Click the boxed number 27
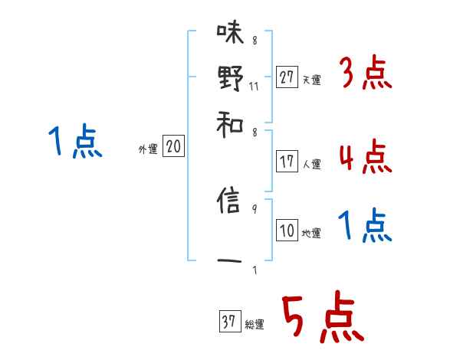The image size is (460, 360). click(x=287, y=77)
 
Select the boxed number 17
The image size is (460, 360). click(x=287, y=162)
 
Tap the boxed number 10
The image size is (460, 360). click(x=287, y=231)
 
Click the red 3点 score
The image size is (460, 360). click(x=365, y=74)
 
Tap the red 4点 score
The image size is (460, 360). click(x=365, y=158)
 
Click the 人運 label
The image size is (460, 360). click(x=311, y=164)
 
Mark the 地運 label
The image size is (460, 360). click(x=311, y=233)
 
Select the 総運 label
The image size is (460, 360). click(x=255, y=325)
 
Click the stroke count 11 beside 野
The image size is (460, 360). click(x=254, y=86)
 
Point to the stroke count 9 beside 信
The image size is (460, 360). click(x=254, y=208)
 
